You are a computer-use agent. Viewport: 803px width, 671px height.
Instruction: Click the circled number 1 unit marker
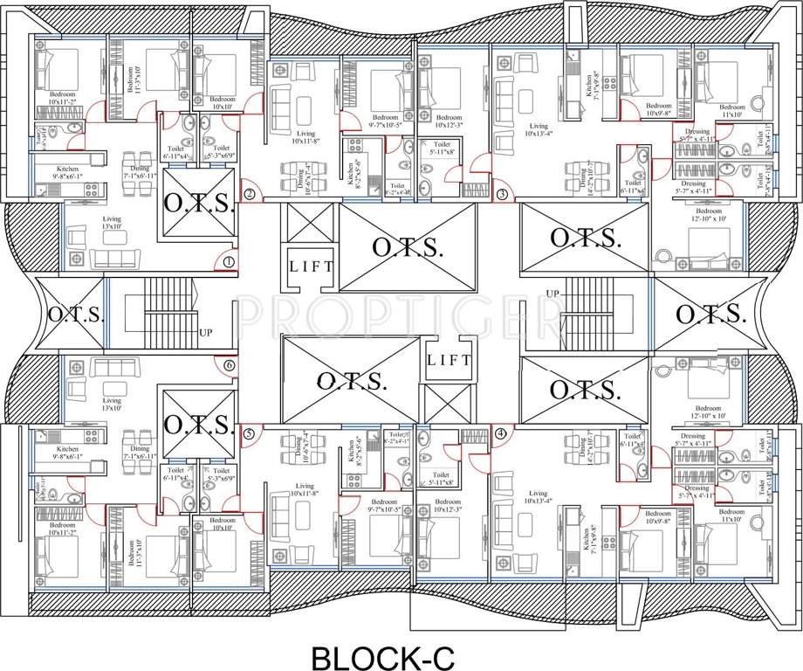coord(229,261)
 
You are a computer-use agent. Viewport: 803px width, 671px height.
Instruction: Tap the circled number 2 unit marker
coord(250,195)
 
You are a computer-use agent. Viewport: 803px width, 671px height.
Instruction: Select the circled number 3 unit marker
coord(501,194)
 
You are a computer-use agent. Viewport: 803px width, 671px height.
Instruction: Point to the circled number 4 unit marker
coord(500,432)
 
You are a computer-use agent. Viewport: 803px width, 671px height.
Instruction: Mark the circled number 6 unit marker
coord(230,365)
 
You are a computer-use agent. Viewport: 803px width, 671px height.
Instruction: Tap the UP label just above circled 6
coord(205,332)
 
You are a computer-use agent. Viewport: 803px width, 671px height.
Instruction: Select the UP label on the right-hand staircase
coord(552,293)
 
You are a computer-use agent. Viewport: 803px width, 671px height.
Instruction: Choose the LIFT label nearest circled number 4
coord(450,359)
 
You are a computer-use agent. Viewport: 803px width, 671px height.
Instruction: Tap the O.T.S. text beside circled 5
coord(197,425)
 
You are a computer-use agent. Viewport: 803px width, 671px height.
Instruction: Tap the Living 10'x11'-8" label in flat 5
coord(304,490)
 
